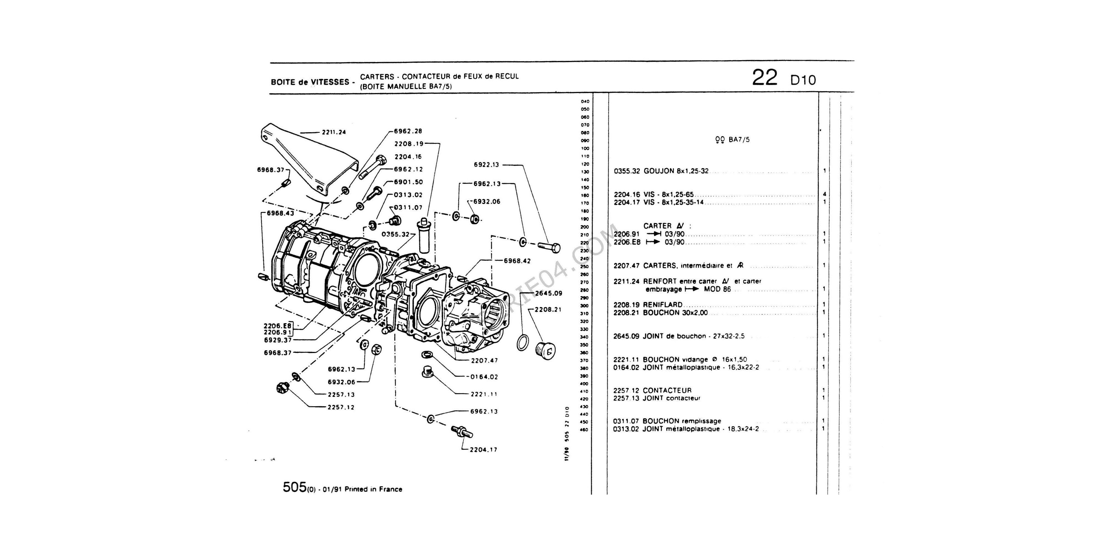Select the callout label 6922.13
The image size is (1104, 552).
[x=486, y=164]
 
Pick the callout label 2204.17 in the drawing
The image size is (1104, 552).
[x=484, y=450]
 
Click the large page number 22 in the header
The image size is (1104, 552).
[x=765, y=78]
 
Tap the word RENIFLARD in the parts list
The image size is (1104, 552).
[x=663, y=305]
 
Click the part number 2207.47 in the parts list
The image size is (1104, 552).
[x=626, y=266]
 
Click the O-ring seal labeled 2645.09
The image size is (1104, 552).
[x=522, y=343]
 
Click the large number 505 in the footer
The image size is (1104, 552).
[x=294, y=487]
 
